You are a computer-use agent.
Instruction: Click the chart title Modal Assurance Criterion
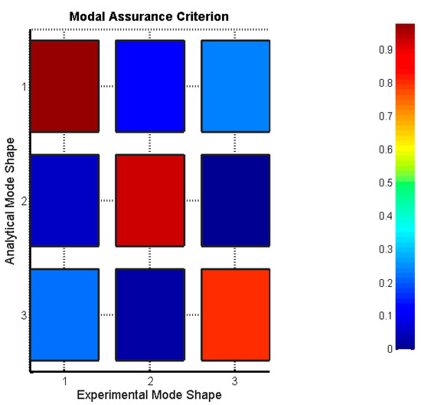pyautogui.click(x=150, y=16)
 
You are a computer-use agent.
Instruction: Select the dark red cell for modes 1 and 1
pyautogui.click(x=65, y=85)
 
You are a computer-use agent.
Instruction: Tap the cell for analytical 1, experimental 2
pyautogui.click(x=150, y=85)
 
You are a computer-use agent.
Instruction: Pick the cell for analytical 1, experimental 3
pyautogui.click(x=235, y=85)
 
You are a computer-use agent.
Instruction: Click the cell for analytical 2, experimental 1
pyautogui.click(x=65, y=199)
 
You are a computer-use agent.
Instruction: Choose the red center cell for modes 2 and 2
pyautogui.click(x=150, y=199)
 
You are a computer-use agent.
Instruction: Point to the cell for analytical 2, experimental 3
pyautogui.click(x=235, y=199)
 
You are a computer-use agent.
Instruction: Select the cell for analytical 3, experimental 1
pyautogui.click(x=65, y=314)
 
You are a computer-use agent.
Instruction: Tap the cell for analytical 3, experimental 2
pyautogui.click(x=150, y=314)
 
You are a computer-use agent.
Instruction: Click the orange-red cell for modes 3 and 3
pyautogui.click(x=235, y=314)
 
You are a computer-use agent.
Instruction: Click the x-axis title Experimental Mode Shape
pyautogui.click(x=150, y=394)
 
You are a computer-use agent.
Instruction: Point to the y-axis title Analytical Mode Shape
pyautogui.click(x=10, y=201)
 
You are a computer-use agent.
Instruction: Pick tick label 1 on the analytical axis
pyautogui.click(x=24, y=86)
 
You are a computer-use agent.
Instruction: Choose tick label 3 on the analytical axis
pyautogui.click(x=24, y=315)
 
